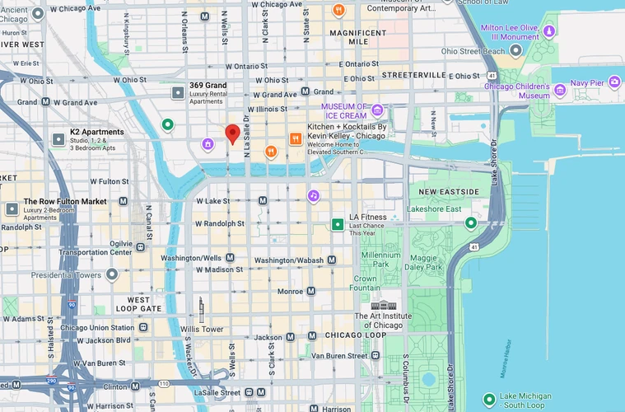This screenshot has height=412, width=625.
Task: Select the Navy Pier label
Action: [587, 83]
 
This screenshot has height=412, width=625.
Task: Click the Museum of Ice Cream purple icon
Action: [377, 110]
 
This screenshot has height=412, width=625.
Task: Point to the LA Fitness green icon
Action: [337, 224]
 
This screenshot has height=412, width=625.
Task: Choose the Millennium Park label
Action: [380, 260]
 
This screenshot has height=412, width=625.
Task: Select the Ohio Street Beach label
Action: [473, 51]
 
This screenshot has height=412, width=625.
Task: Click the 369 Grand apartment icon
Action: [177, 93]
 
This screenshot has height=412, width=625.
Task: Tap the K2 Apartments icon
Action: [58, 140]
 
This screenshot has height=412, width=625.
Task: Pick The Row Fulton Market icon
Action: [12, 209]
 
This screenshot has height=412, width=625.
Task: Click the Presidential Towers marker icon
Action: [111, 274]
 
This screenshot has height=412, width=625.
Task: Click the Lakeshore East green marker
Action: [470, 222]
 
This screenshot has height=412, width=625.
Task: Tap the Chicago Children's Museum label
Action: [516, 91]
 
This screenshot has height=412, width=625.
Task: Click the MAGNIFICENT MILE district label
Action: [358, 37]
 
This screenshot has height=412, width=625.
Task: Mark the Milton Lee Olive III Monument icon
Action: [548, 30]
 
